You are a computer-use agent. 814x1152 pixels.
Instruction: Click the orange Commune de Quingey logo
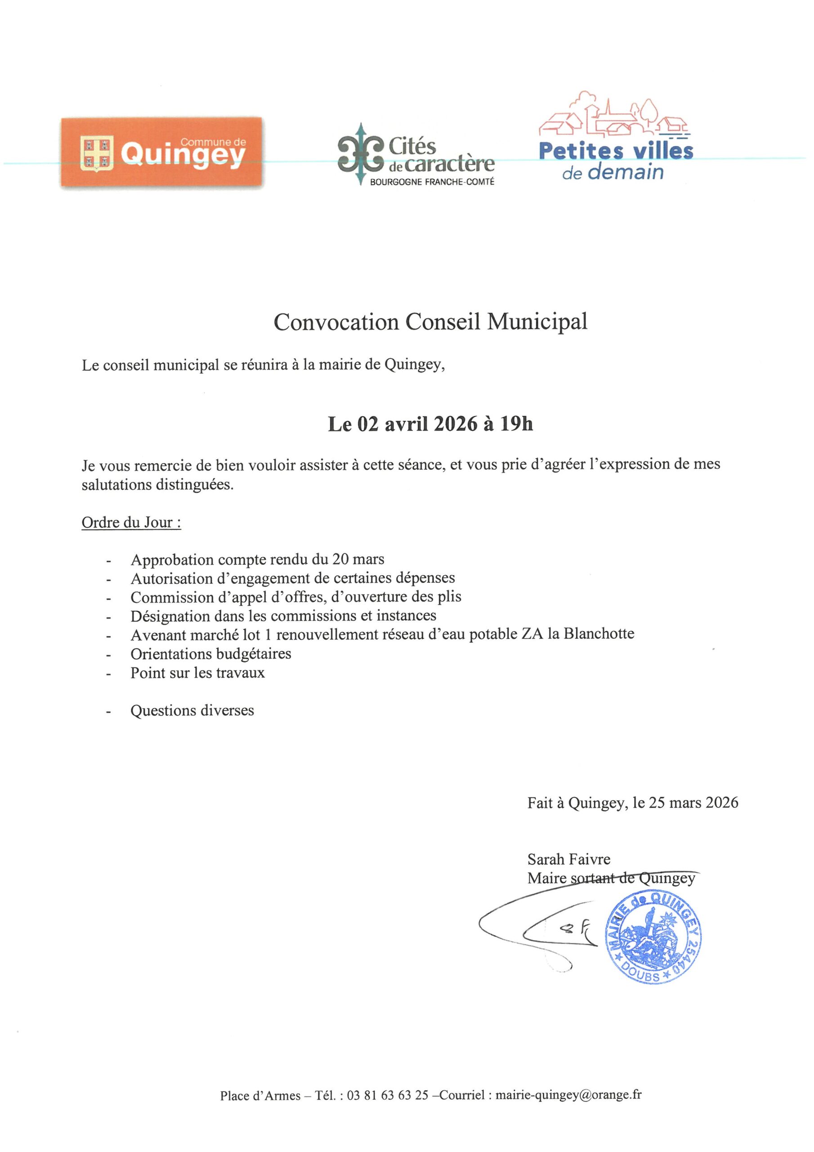[161, 153]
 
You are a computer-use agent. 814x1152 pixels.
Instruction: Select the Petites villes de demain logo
[616, 136]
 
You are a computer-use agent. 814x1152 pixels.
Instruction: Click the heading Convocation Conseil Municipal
[430, 322]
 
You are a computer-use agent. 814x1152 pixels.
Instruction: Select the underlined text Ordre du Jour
[131, 522]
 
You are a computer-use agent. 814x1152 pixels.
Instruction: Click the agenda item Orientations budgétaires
[210, 654]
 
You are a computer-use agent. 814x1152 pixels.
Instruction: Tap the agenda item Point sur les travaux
[197, 673]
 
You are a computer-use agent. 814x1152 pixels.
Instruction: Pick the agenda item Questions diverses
[192, 711]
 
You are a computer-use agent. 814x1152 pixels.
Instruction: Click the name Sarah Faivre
[569, 859]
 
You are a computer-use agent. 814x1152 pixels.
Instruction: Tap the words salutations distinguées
[157, 485]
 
